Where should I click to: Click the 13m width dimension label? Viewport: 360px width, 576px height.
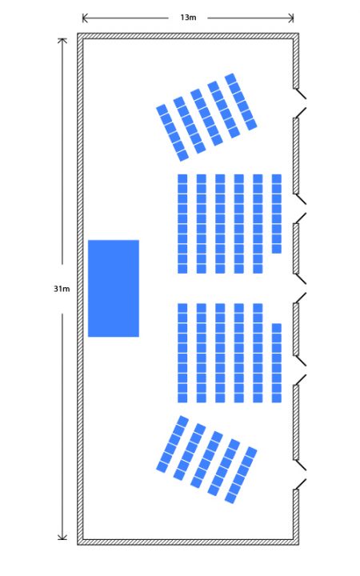coord(188,18)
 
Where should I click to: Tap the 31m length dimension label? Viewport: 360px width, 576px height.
coord(62,289)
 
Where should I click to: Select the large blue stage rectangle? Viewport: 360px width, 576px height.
coord(114,288)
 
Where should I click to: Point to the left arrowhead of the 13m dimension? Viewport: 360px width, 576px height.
coord(85,18)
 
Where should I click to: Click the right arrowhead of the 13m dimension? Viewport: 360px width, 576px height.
coord(292,18)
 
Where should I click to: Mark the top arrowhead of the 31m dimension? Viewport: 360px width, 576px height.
coord(62,41)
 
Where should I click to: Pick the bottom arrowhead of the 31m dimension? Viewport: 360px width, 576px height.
coord(62,538)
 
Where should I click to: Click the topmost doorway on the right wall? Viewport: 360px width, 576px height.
coord(299,103)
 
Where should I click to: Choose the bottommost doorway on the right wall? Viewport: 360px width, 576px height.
coord(299,474)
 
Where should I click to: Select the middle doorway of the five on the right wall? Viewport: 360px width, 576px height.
coord(299,288)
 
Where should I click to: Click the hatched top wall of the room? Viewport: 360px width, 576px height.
coord(188,36)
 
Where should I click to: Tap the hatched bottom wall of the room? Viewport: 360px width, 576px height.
coord(188,542)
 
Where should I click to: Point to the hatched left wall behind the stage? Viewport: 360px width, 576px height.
coord(80,289)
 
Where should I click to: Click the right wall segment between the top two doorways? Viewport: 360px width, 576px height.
coord(296,156)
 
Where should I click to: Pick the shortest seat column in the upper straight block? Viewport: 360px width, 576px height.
coord(277,214)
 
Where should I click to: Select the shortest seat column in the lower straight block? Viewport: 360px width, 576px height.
coord(277,363)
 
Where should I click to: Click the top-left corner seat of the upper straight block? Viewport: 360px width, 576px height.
coord(182,178)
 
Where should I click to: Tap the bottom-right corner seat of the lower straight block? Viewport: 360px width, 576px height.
coord(277,398)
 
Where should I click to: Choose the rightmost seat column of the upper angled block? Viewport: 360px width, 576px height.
coord(241,102)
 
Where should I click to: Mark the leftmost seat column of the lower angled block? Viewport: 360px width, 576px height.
coord(173,444)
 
